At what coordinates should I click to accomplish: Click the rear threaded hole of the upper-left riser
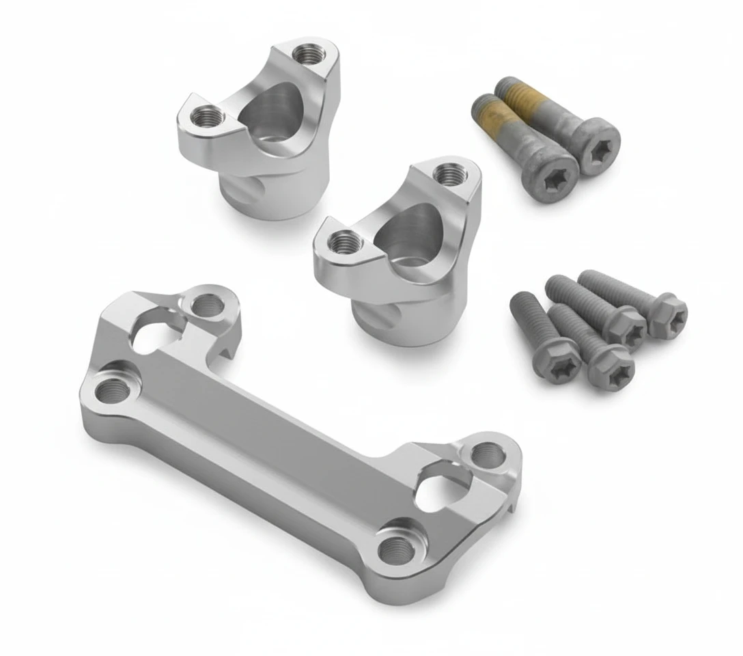303,53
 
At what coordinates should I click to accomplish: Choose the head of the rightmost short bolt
668,315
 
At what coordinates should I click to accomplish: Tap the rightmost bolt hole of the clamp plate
486,453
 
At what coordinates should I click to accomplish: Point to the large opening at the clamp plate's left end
159,327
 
